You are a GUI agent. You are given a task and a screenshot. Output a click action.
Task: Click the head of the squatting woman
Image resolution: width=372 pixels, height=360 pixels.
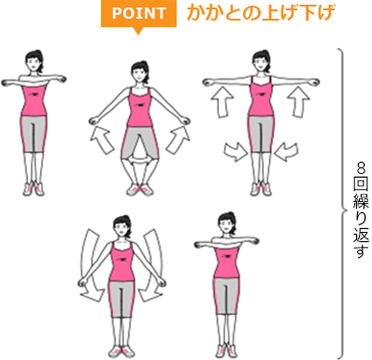click(x=140, y=71)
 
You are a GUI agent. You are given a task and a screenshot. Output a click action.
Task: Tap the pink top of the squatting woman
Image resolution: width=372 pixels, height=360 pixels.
click(x=140, y=110)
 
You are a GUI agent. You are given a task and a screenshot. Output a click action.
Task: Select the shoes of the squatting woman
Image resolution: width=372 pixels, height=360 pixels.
click(x=140, y=190)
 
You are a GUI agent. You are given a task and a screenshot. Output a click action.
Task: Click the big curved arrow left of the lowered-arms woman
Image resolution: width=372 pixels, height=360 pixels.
click(x=93, y=267)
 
